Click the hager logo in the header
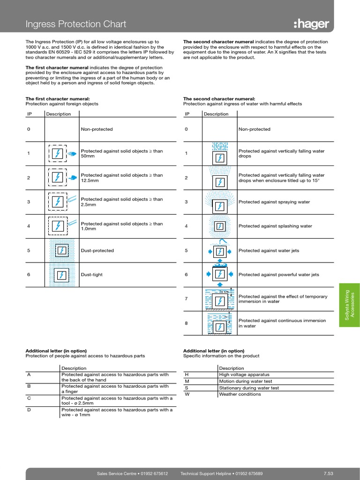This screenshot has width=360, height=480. click(x=312, y=24)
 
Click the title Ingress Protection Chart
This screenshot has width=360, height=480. click(x=75, y=24)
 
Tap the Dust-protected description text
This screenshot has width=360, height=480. click(x=97, y=250)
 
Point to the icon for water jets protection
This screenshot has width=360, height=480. click(x=218, y=251)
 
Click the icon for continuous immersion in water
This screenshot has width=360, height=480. click(x=218, y=323)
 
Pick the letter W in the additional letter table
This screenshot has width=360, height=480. click(x=187, y=394)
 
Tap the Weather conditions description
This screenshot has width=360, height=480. click(x=240, y=394)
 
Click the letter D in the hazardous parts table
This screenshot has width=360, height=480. click(x=29, y=410)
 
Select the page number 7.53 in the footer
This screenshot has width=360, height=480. click(x=328, y=474)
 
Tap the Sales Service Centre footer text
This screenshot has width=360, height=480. click(x=132, y=474)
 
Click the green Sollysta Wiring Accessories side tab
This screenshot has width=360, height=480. click(x=349, y=305)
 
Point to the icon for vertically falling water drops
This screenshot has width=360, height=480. click(x=218, y=153)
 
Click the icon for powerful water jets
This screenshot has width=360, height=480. click(x=218, y=275)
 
